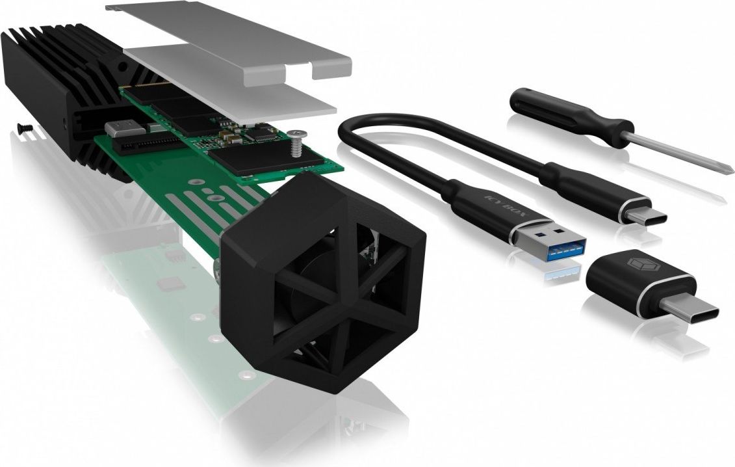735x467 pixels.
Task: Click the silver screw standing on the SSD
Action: (297, 142)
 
